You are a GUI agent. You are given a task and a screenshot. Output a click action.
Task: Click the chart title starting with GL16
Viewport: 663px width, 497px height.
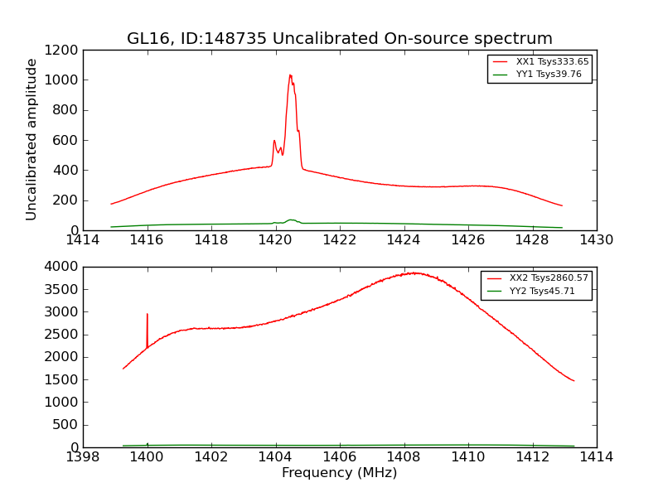click(x=339, y=39)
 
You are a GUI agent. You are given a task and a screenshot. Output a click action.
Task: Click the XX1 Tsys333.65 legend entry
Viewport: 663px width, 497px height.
click(x=540, y=62)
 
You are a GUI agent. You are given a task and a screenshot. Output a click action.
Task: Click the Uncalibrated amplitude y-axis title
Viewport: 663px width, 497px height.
click(x=31, y=139)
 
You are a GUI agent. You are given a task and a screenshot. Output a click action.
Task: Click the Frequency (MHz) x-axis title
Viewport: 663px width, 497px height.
click(x=339, y=473)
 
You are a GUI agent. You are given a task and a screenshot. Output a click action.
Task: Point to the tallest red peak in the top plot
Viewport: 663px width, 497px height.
click(x=290, y=75)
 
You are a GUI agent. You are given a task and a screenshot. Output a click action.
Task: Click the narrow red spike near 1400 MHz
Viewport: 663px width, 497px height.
click(x=148, y=315)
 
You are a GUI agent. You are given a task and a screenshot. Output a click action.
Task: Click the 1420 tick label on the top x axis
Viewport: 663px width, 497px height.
click(x=275, y=240)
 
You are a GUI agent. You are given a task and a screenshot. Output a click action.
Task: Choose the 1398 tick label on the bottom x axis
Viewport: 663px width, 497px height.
click(x=83, y=456)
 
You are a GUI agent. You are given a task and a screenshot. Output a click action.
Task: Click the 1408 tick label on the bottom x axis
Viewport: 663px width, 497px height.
click(x=404, y=456)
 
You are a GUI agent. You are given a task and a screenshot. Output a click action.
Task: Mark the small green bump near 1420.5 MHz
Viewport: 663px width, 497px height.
click(x=291, y=220)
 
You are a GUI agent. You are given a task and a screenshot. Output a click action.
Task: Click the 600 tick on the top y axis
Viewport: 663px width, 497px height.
click(x=65, y=140)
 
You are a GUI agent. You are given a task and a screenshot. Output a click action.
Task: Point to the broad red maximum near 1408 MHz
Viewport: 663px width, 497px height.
click(x=414, y=273)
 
